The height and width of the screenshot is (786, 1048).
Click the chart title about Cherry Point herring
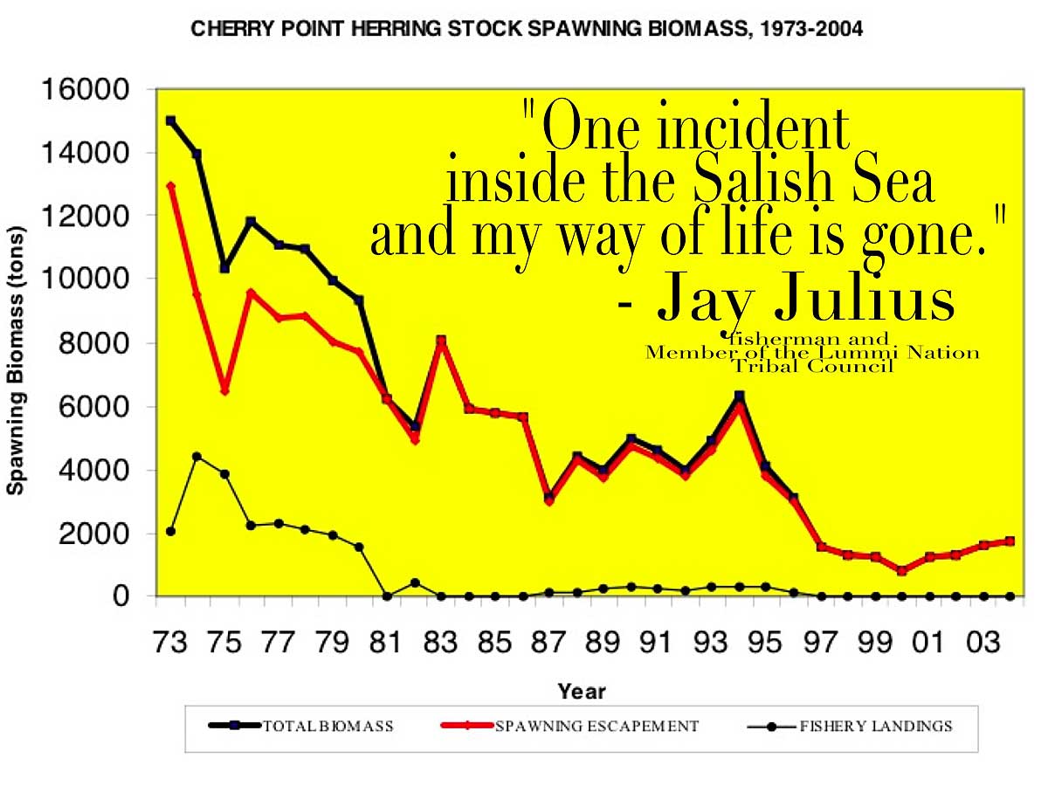tap(527, 29)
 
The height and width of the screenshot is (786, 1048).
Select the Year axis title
tap(581, 692)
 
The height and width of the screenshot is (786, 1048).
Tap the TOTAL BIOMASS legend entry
tap(301, 727)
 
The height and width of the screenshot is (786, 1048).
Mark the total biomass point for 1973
tap(170, 121)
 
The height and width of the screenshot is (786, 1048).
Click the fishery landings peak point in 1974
tap(196, 456)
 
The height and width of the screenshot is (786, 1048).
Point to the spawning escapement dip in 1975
tap(224, 390)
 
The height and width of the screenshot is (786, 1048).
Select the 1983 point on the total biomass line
tap(441, 341)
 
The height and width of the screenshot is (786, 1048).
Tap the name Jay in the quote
tap(702, 299)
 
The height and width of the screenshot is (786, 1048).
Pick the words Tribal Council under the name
tap(812, 367)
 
